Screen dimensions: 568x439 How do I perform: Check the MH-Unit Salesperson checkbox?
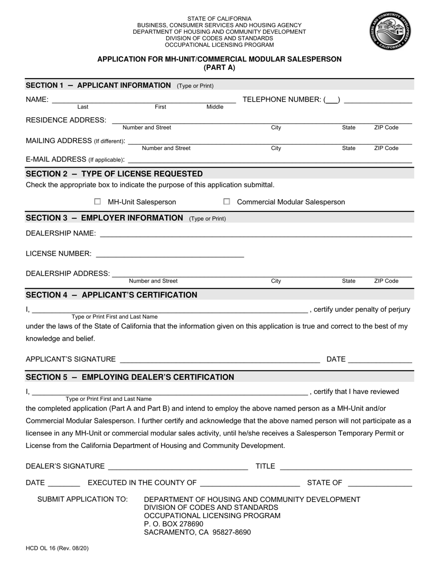tap(98, 202)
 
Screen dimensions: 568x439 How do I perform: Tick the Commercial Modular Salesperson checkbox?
tap(226, 202)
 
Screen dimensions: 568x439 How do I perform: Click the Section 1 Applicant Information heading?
tap(98, 85)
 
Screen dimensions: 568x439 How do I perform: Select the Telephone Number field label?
tap(281, 99)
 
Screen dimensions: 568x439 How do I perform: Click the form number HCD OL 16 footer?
tap(57, 549)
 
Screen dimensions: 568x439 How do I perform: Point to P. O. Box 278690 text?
tap(174, 524)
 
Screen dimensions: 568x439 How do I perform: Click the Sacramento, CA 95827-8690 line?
tap(197, 532)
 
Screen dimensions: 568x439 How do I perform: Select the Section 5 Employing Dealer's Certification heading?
tap(130, 377)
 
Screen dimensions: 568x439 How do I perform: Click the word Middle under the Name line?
tap(214, 107)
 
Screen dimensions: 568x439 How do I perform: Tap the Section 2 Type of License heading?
tap(114, 174)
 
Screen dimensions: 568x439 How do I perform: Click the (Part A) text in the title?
tap(219, 67)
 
